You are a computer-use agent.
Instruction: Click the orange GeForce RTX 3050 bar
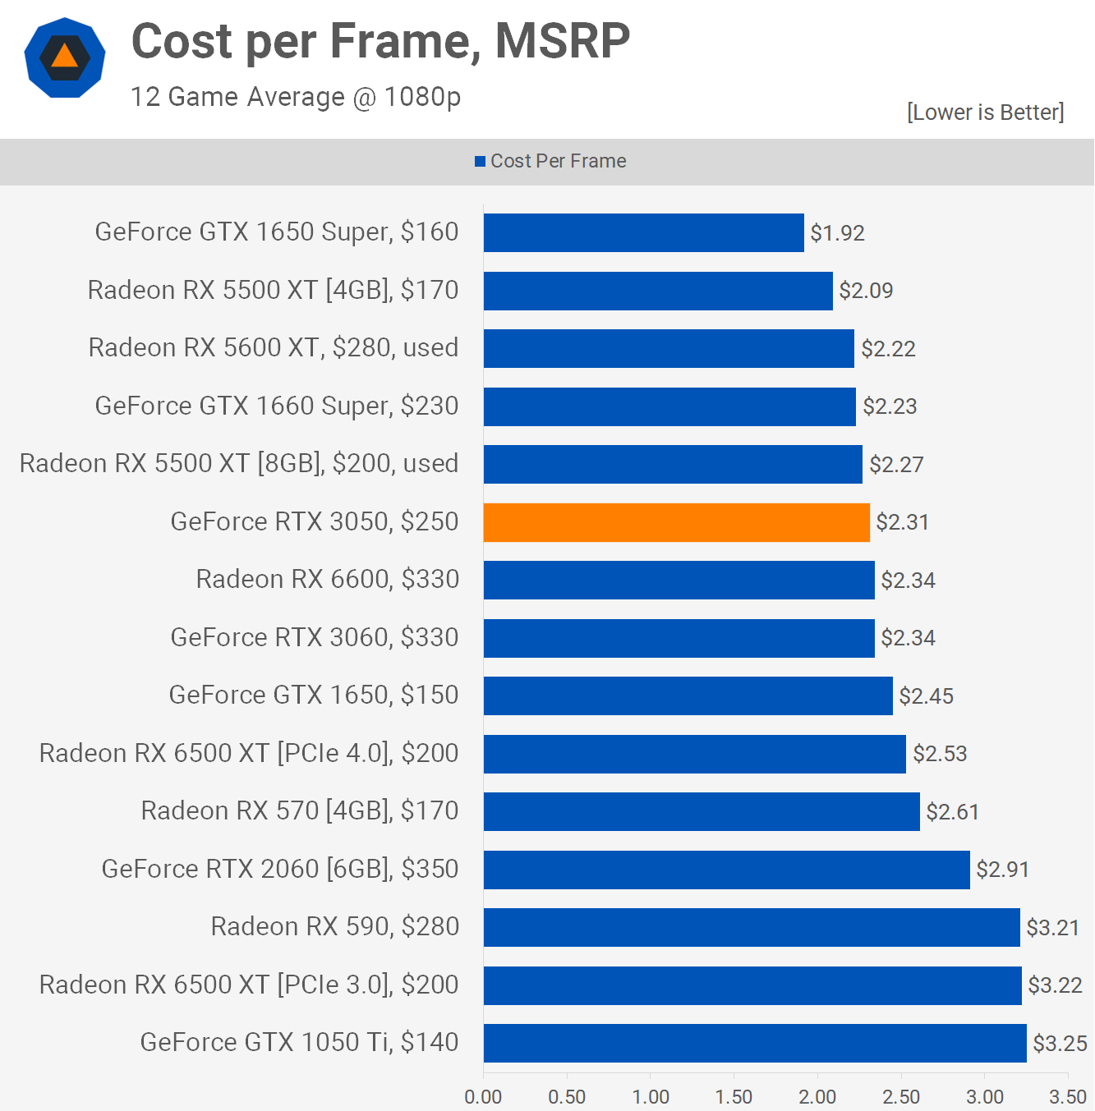676,522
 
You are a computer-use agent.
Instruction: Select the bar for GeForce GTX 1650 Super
643,233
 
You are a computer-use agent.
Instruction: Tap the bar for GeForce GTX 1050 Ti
754,1043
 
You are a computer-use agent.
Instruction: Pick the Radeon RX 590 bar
751,927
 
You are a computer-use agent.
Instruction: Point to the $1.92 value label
837,233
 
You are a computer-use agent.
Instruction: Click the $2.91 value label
1002,870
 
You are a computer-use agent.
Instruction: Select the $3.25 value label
1060,1043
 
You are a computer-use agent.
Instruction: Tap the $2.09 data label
866,291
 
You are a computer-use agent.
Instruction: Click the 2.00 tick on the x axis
817,1097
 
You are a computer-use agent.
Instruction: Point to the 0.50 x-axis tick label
567,1097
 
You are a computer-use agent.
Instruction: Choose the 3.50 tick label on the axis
1068,1097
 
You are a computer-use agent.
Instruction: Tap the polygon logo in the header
65,57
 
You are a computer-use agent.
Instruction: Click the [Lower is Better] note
985,112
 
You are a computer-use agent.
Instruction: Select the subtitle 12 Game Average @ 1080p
296,97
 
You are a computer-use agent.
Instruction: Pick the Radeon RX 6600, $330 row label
327,580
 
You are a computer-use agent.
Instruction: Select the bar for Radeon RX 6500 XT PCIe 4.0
694,754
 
